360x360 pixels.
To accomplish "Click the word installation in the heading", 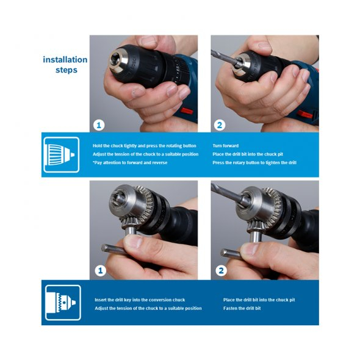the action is [x=65, y=59].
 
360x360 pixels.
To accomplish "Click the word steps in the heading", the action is [x=67, y=70].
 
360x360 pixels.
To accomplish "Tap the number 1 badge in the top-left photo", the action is [x=99, y=125].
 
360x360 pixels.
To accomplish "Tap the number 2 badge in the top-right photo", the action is [x=220, y=125].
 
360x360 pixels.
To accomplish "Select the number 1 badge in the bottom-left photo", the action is [x=100, y=271].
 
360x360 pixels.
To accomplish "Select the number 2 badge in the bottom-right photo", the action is [x=221, y=271].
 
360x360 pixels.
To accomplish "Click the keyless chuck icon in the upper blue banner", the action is [x=61, y=154].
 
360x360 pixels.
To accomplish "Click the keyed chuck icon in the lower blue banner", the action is [x=63, y=303].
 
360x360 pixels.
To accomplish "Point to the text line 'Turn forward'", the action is [x=226, y=146].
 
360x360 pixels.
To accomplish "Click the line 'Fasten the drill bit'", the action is [x=242, y=308].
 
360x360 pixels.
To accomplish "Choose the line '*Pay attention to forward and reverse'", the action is [x=130, y=162].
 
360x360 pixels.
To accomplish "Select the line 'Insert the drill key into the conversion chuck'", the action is [x=140, y=300].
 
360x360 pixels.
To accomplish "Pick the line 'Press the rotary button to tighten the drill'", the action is [x=254, y=162].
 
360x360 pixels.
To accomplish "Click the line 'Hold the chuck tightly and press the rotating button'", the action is [x=145, y=146].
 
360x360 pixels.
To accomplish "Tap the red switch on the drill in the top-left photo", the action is [x=187, y=111].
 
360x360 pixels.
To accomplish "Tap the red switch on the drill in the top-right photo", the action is [x=305, y=114].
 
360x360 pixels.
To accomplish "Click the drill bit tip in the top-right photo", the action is [x=212, y=51].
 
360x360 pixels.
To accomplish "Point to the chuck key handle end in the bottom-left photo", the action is [x=104, y=248].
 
